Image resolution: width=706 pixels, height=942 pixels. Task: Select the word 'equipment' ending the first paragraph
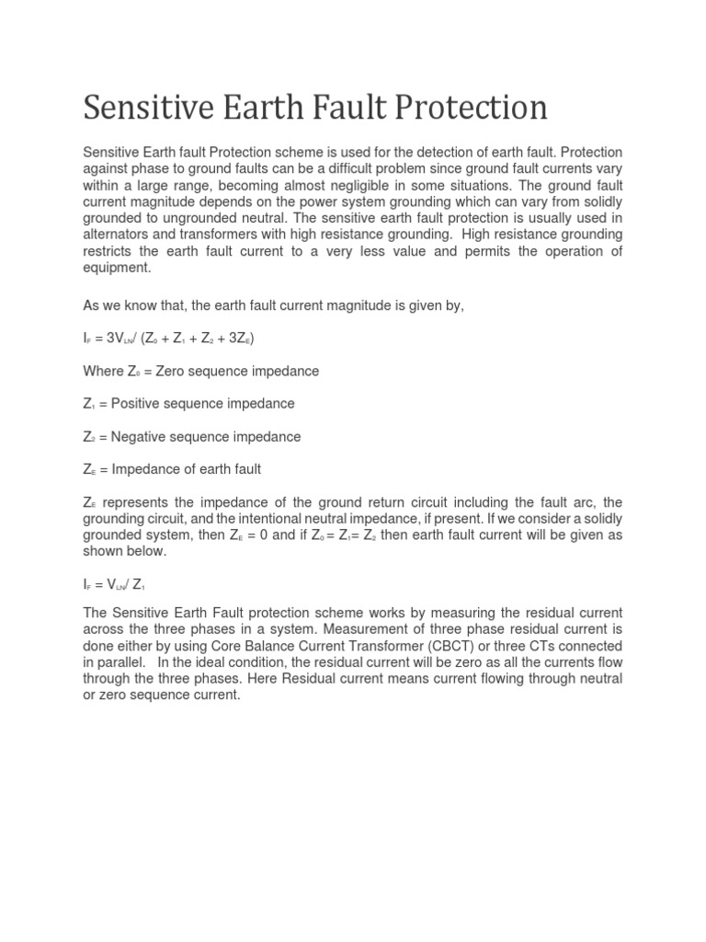[x=117, y=268]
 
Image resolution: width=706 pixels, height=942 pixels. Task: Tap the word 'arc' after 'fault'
[x=586, y=501]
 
